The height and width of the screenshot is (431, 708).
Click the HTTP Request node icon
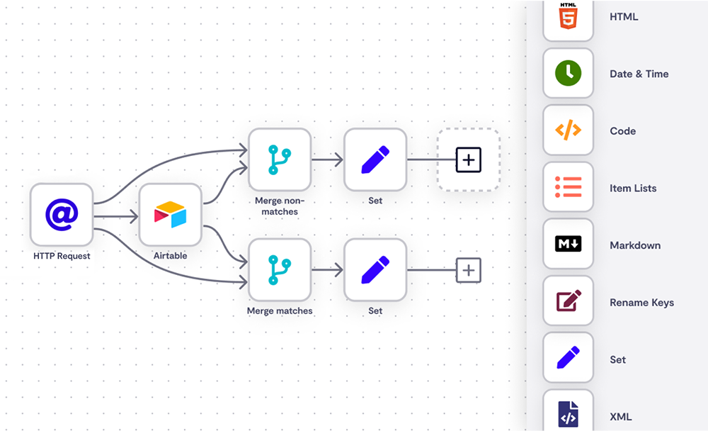(x=62, y=215)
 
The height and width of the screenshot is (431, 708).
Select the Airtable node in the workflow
(x=171, y=215)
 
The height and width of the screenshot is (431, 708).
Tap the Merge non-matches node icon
(x=279, y=159)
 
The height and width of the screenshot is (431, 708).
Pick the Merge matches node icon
(x=279, y=269)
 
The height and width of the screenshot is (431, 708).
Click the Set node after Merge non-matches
(x=375, y=159)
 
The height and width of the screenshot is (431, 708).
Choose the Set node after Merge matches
(x=375, y=269)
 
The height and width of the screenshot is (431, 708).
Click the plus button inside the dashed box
(x=468, y=159)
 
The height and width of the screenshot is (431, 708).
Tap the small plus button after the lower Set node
(x=468, y=270)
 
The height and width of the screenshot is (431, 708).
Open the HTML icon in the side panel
(x=568, y=16)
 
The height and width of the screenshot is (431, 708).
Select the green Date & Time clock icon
(x=568, y=73)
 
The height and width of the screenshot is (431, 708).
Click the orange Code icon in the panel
(x=568, y=130)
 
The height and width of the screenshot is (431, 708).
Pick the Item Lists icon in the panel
(x=568, y=188)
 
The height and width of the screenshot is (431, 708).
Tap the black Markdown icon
(x=568, y=245)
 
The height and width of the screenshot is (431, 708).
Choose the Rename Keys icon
(x=568, y=302)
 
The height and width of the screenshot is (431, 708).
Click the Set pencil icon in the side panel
(x=568, y=359)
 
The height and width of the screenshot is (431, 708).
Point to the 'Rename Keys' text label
(x=641, y=303)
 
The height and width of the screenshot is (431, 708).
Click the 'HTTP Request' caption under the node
(x=62, y=256)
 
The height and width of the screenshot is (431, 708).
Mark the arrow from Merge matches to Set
(x=327, y=270)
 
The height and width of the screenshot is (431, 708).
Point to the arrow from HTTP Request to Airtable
(x=117, y=215)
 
